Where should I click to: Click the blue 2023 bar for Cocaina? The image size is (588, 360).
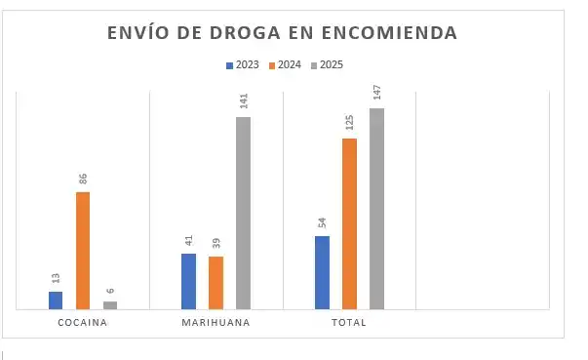click(x=56, y=300)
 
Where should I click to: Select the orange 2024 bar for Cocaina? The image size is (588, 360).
click(x=83, y=251)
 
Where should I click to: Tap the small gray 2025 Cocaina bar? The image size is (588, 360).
click(x=110, y=305)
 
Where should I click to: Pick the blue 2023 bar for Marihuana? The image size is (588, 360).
click(x=189, y=282)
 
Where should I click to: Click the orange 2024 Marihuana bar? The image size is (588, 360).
click(x=216, y=283)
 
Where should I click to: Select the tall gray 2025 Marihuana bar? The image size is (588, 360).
click(x=243, y=214)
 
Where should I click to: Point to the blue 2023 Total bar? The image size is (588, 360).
click(x=322, y=273)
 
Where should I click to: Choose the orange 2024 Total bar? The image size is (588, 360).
click(x=349, y=224)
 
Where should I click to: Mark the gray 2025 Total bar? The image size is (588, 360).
click(x=376, y=209)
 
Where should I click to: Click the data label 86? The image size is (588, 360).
click(x=83, y=179)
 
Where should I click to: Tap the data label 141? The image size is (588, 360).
click(x=243, y=100)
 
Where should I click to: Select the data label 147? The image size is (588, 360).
click(x=376, y=92)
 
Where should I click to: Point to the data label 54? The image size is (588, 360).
click(x=322, y=222)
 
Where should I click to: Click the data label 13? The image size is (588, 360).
click(x=56, y=278)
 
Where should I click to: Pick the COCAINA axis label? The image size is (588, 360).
click(x=83, y=323)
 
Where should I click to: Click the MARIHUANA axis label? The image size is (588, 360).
click(x=216, y=323)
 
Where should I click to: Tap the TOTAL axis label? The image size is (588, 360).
click(x=348, y=323)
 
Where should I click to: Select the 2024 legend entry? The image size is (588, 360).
click(x=285, y=65)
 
